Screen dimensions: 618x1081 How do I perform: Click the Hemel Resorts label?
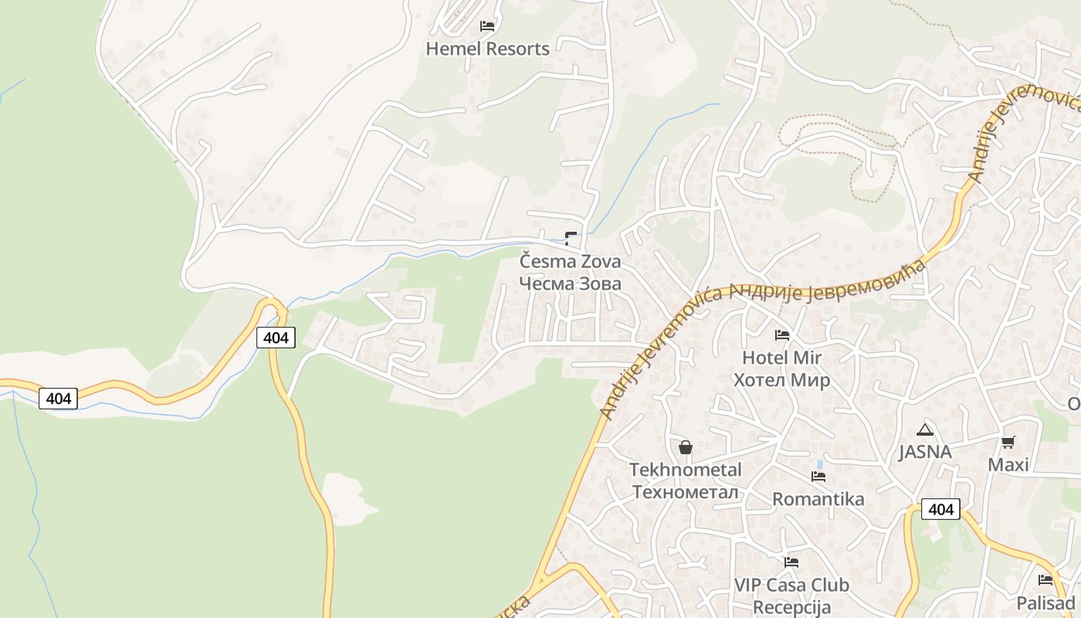(x=487, y=49)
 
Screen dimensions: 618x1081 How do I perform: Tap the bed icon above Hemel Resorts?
(x=487, y=26)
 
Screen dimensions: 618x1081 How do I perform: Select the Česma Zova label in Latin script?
(x=570, y=261)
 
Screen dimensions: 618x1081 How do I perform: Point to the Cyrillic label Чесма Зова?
(x=570, y=284)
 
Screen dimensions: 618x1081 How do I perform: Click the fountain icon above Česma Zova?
(x=571, y=239)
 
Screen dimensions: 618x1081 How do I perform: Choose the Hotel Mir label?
(x=781, y=358)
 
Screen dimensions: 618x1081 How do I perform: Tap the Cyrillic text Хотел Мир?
(x=781, y=380)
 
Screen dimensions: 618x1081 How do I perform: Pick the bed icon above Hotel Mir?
(x=782, y=335)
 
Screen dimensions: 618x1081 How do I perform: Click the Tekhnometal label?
(x=685, y=470)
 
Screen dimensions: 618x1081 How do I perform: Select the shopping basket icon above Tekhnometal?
(x=685, y=447)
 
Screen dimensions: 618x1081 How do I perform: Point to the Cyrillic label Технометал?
(x=685, y=492)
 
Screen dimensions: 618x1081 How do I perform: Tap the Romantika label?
(x=818, y=499)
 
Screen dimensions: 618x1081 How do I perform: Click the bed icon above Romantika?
(x=818, y=477)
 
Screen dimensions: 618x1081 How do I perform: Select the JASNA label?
(x=924, y=452)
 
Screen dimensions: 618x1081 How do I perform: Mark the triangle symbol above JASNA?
(x=924, y=430)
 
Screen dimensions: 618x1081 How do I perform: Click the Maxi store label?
(x=1008, y=465)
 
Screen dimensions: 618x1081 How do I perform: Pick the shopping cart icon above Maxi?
(x=1008, y=443)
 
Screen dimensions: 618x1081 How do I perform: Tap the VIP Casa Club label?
(x=791, y=585)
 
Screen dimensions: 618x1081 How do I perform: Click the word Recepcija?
(x=791, y=607)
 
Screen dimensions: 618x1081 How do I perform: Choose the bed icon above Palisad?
(x=1045, y=580)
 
